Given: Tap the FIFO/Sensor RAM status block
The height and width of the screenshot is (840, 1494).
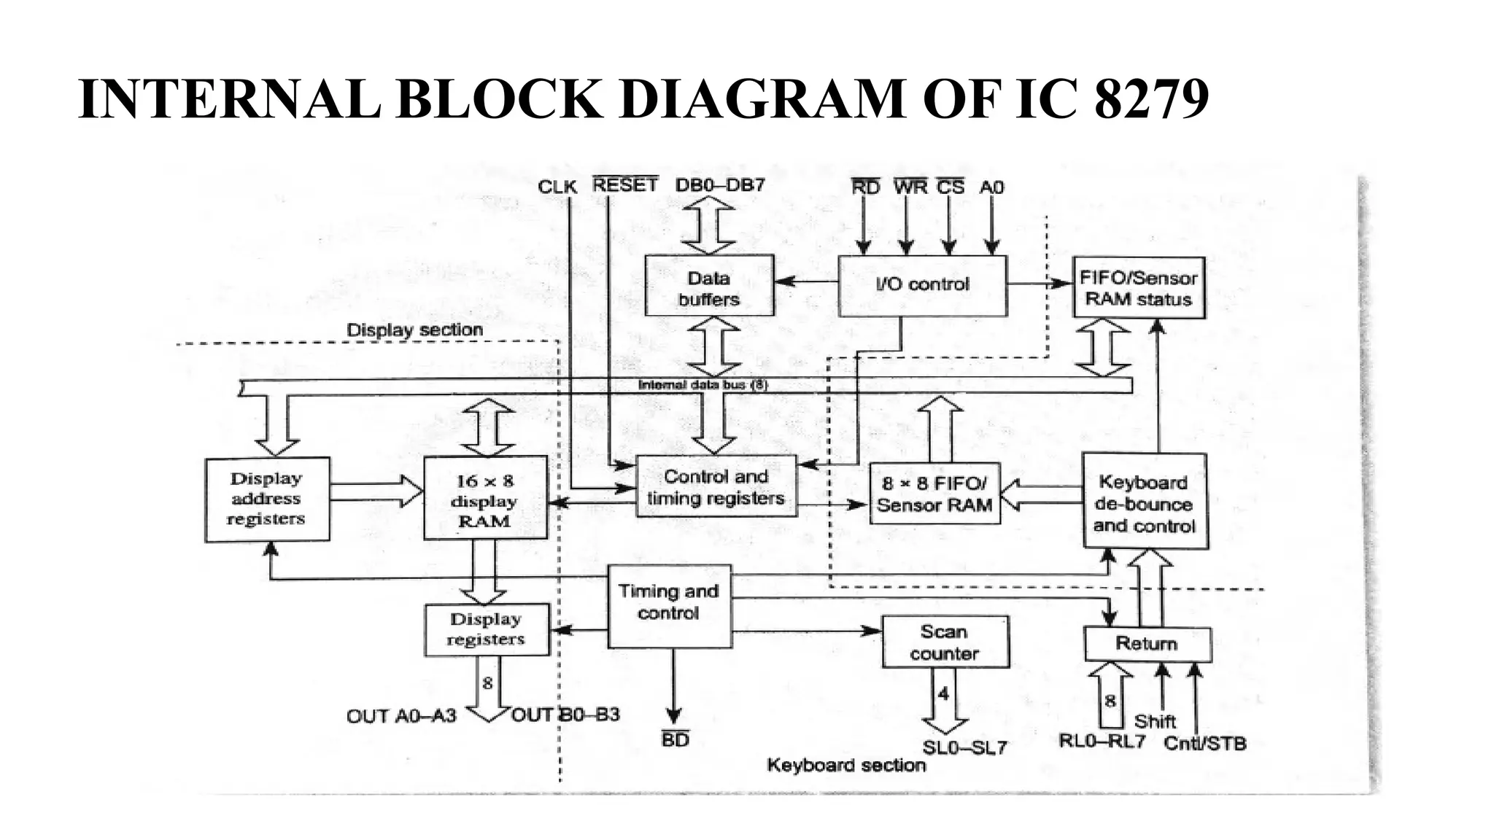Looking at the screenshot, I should (x=1138, y=288).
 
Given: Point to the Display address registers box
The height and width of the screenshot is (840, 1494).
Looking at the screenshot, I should (x=267, y=499).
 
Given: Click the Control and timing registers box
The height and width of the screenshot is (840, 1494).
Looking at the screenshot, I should (x=716, y=487).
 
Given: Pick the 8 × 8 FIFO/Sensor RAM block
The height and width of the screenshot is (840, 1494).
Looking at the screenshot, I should (x=934, y=494).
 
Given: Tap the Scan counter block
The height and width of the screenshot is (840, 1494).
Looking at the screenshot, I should (x=945, y=642).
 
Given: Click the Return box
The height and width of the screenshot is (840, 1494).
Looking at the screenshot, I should (x=1147, y=644).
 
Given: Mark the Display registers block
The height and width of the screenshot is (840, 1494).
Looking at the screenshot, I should (x=487, y=629).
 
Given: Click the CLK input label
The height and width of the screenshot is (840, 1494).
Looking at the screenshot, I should (x=557, y=187).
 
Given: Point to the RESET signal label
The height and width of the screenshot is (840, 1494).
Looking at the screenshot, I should (x=624, y=185).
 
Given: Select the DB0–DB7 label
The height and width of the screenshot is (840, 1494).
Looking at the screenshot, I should (x=720, y=185).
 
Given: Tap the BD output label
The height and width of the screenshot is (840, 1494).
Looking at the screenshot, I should (x=675, y=739).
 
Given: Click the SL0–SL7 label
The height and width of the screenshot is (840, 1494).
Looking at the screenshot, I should (x=964, y=747).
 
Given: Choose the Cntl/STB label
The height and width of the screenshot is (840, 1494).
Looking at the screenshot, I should (x=1204, y=743).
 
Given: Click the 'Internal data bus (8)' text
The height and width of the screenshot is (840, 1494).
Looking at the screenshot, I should (x=703, y=384).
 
